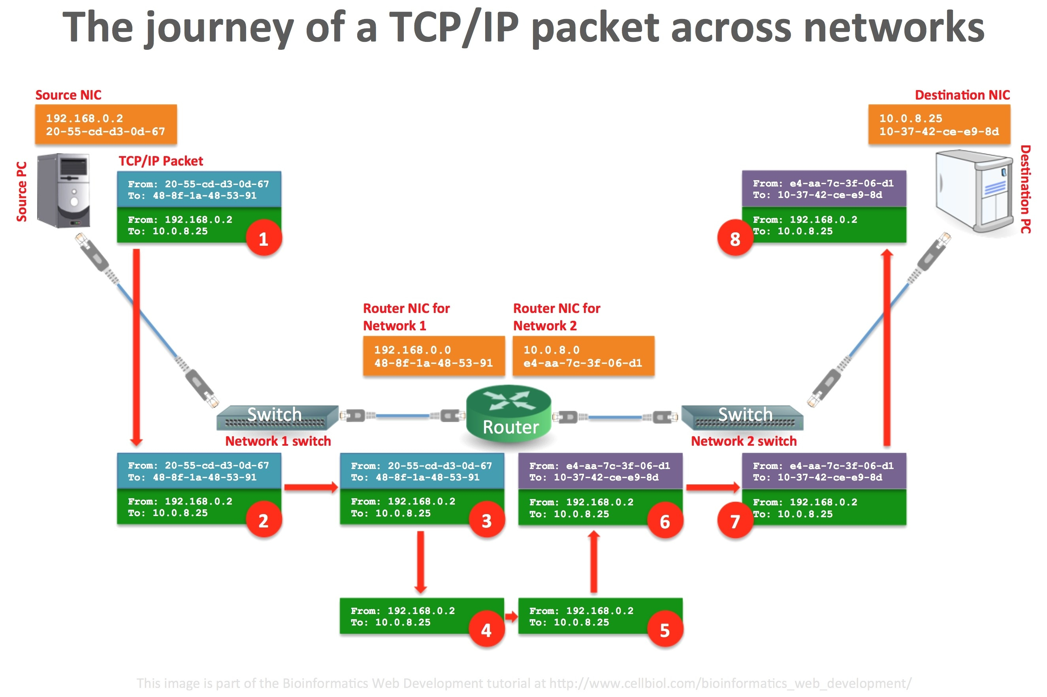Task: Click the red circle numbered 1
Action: click(x=263, y=239)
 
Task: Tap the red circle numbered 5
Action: click(x=665, y=630)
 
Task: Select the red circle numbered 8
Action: click(x=734, y=239)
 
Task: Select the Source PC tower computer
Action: click(x=64, y=190)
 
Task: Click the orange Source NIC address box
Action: click(x=106, y=124)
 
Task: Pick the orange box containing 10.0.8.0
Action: click(x=583, y=356)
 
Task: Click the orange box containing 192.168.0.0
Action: click(x=434, y=356)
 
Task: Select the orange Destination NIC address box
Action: click(x=939, y=124)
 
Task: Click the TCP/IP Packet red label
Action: click(x=160, y=161)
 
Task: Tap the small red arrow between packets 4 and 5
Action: click(x=511, y=616)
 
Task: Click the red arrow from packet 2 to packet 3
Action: click(x=311, y=487)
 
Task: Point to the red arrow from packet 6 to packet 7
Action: click(x=712, y=488)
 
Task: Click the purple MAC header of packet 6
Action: click(x=600, y=471)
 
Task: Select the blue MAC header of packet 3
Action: click(x=421, y=471)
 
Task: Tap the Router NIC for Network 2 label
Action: click(x=556, y=316)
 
